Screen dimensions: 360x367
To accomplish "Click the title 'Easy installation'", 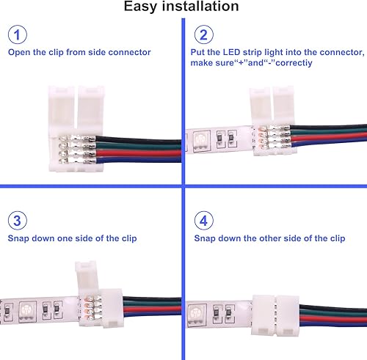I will point(181,7).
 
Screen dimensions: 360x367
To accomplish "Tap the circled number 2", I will point(206,35).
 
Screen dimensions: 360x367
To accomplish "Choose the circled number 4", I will point(206,221).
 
